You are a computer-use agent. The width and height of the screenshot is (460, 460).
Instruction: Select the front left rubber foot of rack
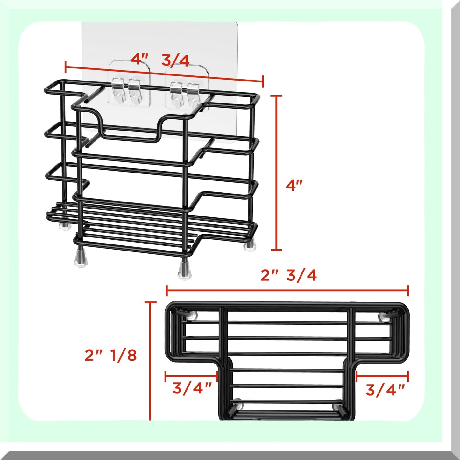click(81, 257)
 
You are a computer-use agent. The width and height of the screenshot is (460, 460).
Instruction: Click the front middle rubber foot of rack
click(184, 269)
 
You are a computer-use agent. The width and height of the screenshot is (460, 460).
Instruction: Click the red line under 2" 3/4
click(287, 291)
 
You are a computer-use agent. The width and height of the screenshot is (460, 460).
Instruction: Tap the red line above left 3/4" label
click(191, 376)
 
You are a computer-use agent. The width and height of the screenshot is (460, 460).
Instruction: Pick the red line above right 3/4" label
click(382, 376)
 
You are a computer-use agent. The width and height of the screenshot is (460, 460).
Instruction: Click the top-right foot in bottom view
click(383, 315)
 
